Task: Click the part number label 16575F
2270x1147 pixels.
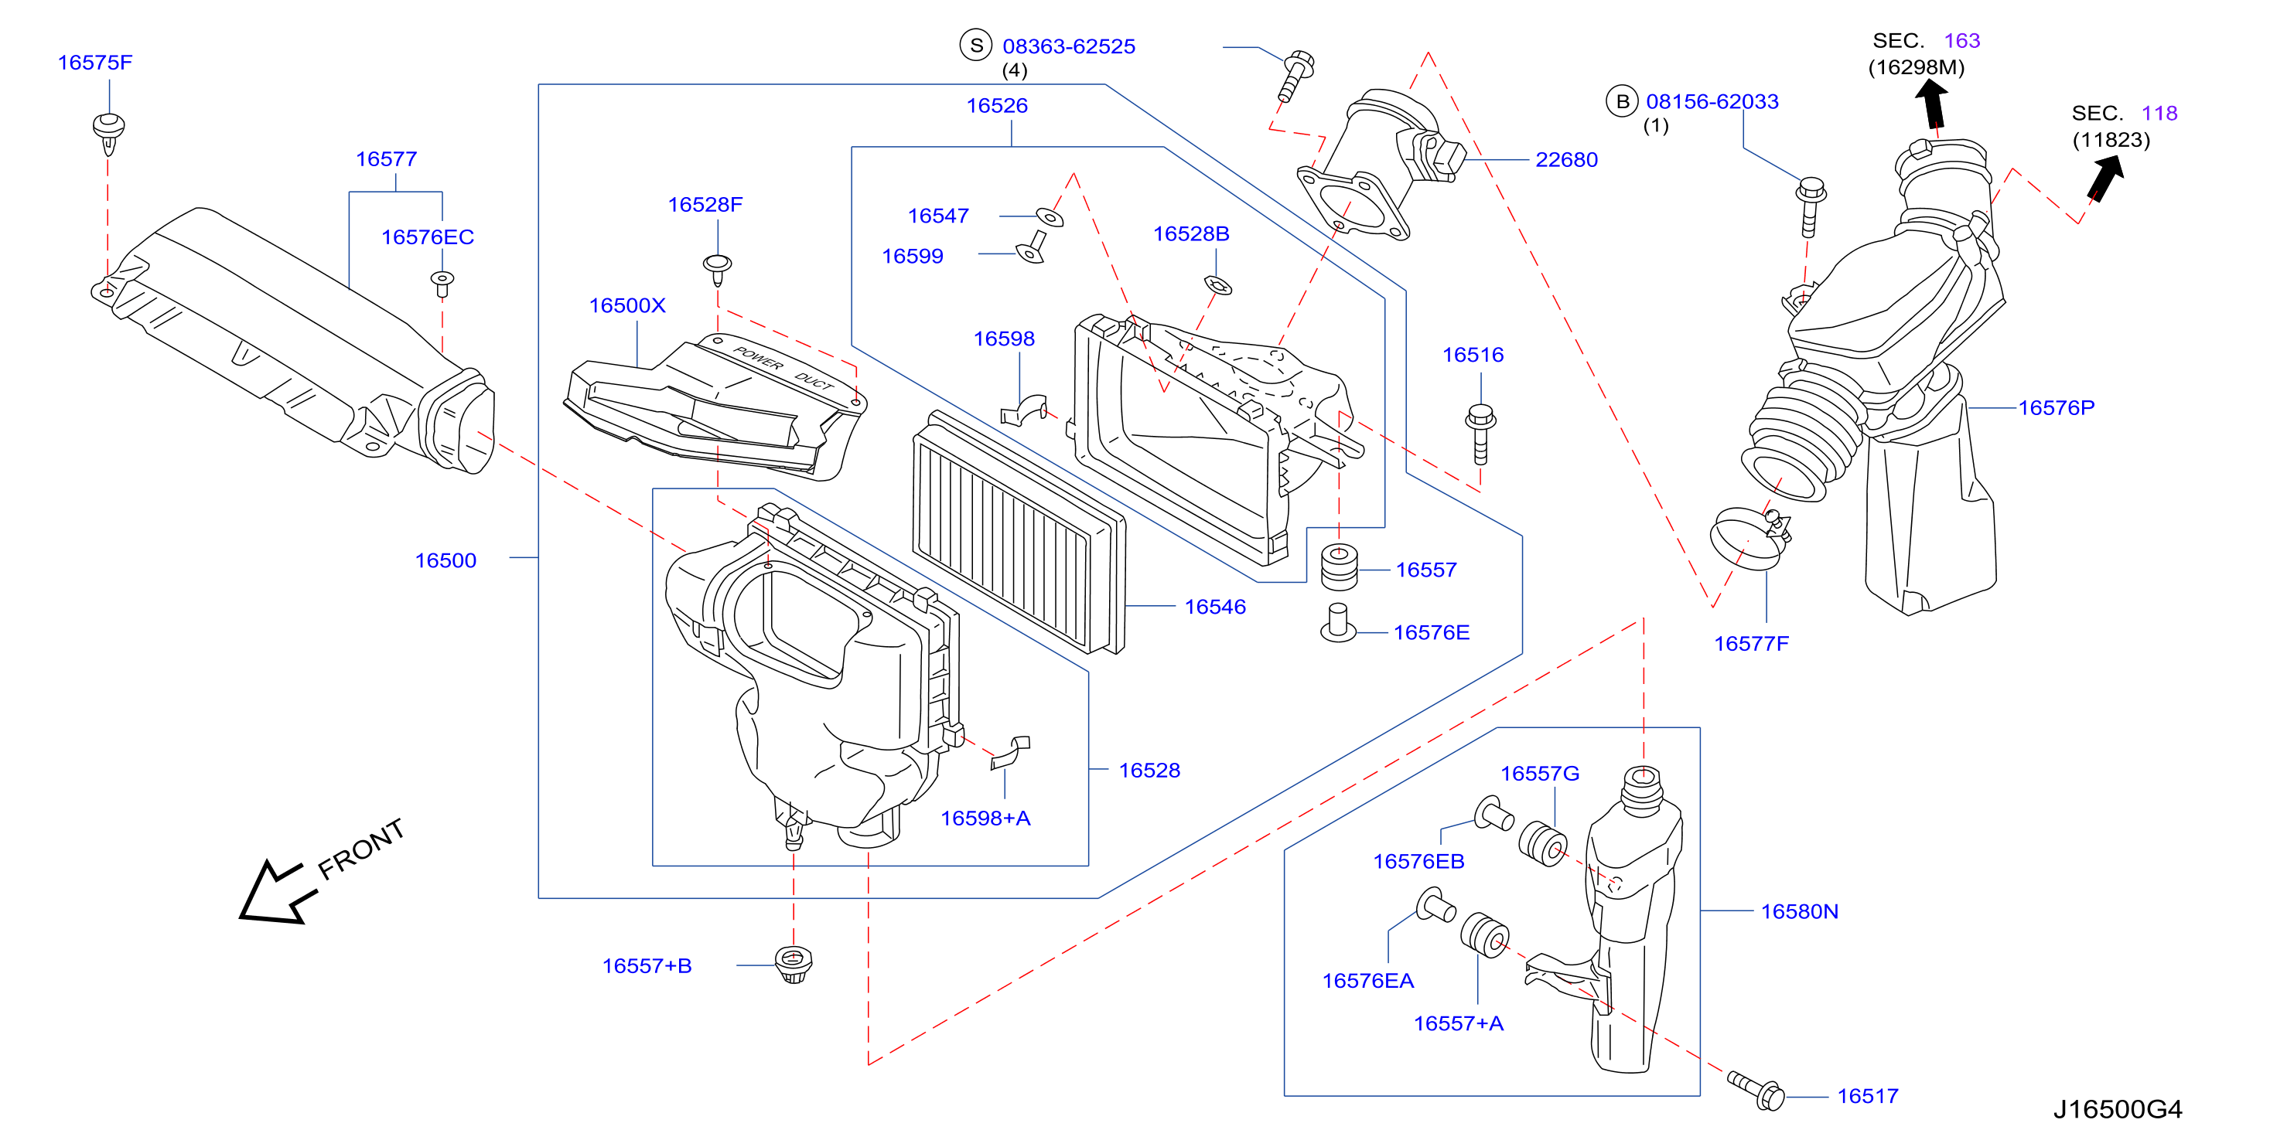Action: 95,63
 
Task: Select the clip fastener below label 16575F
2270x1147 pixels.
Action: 108,133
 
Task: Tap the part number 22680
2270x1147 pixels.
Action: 1566,159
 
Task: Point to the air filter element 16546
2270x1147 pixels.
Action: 1019,533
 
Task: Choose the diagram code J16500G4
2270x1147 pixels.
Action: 2118,1109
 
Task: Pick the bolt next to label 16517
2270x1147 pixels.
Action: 1756,1091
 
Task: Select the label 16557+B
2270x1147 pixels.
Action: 647,965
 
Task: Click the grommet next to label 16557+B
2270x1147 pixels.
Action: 793,964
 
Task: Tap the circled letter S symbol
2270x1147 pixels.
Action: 976,45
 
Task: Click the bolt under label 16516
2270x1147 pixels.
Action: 1480,434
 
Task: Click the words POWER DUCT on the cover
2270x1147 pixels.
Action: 783,368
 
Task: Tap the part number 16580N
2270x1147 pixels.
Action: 1800,912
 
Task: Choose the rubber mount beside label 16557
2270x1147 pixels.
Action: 1340,567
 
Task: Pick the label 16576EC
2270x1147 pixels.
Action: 428,237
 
